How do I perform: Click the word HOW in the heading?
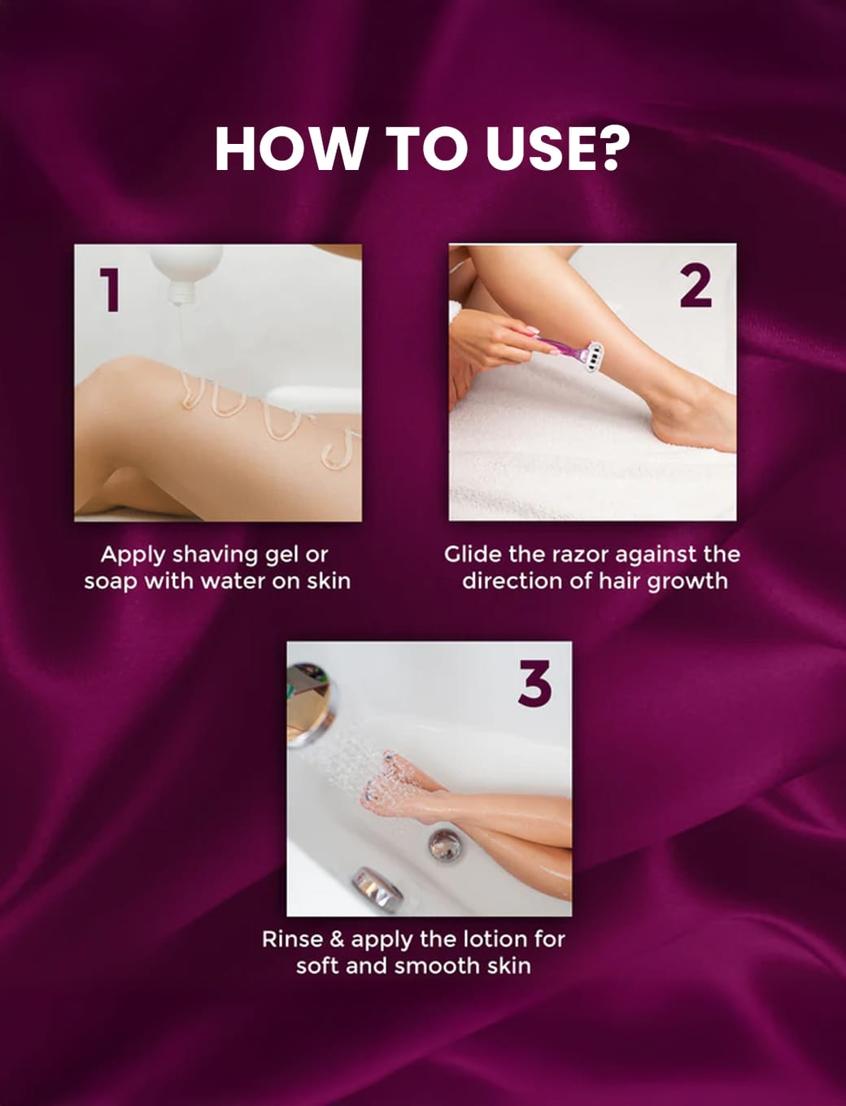(x=290, y=149)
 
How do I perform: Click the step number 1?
(x=110, y=290)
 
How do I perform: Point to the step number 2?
(x=696, y=285)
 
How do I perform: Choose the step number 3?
(x=534, y=684)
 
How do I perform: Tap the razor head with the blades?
(x=591, y=356)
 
